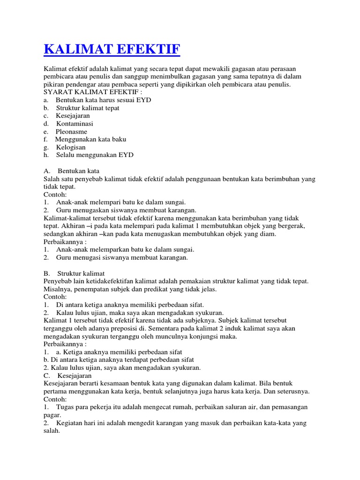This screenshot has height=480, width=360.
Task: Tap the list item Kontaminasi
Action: pyautogui.click(x=75, y=124)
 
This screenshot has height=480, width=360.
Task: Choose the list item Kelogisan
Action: pyautogui.click(x=71, y=147)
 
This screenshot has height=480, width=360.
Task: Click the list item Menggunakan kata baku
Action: pyautogui.click(x=90, y=139)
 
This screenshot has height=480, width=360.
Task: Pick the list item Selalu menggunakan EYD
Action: pyautogui.click(x=95, y=155)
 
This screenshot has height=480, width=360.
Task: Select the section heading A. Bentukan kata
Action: pyautogui.click(x=71, y=171)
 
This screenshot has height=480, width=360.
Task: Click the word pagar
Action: pyautogui.click(x=52, y=415)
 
